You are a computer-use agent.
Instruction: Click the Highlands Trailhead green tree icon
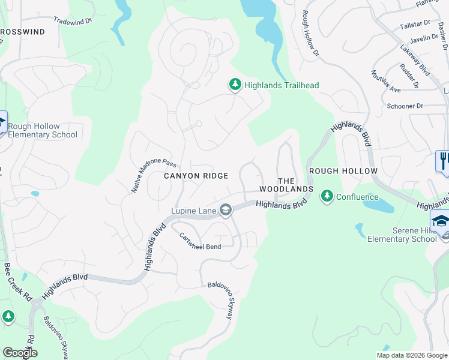[235, 85]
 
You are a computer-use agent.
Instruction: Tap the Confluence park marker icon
[327, 196]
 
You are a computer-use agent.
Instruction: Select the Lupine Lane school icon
[226, 210]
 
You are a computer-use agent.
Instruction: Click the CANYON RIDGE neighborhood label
[196, 176]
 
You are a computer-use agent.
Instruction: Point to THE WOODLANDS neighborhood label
[286, 185]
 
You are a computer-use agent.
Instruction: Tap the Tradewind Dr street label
[72, 20]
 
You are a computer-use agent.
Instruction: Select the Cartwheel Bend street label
[200, 242]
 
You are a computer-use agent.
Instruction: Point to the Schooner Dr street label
[405, 106]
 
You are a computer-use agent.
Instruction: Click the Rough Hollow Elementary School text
[43, 130]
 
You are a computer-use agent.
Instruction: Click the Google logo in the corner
[20, 353]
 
